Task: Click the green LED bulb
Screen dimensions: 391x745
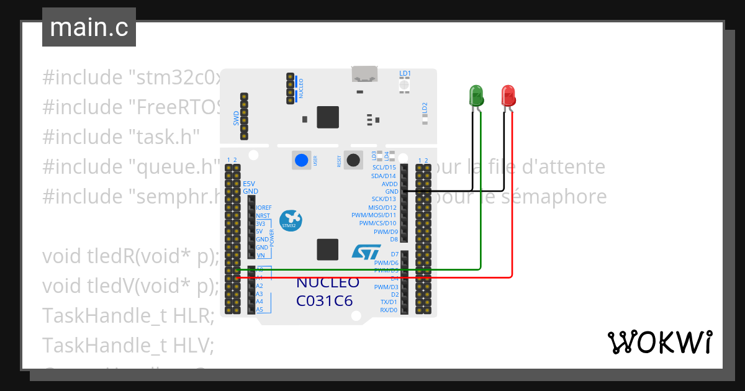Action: coord(476,95)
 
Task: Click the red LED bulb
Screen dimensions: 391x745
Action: coord(508,95)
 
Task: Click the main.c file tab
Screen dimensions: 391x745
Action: coord(89,27)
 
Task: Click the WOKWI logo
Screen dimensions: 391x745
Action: coord(659,342)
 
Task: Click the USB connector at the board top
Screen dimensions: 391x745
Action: coord(365,74)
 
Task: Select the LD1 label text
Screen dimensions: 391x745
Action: coord(405,74)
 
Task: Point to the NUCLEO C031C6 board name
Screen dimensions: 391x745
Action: coord(327,292)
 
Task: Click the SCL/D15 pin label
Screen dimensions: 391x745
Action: coord(384,168)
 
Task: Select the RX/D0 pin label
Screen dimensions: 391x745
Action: coord(388,310)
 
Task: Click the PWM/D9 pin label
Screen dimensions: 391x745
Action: coord(386,231)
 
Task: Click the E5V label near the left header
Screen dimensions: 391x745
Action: coord(249,184)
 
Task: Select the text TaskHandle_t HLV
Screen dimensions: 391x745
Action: coord(128,345)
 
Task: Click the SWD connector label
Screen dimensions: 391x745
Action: coord(237,118)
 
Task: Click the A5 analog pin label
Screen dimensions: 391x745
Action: coord(260,309)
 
